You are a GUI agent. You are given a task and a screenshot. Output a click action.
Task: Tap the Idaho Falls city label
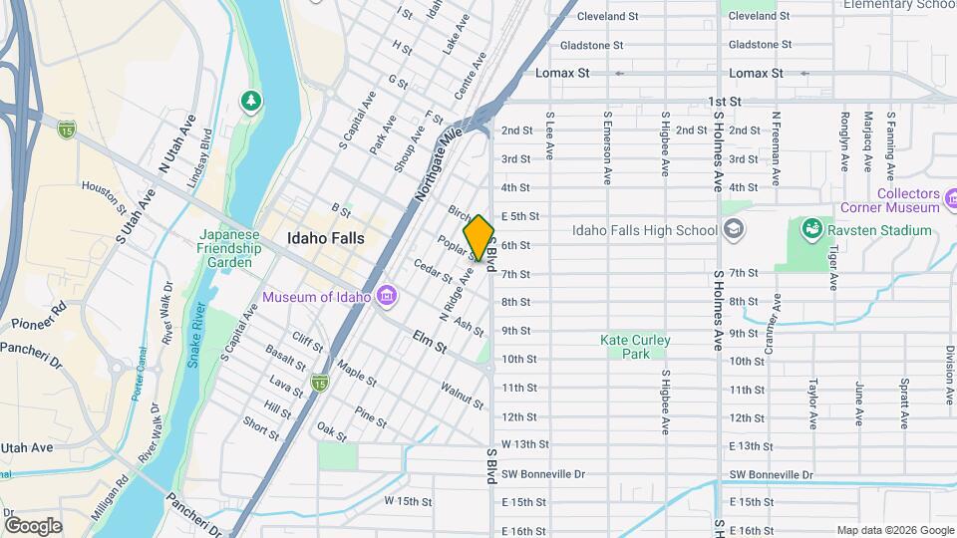click(x=325, y=239)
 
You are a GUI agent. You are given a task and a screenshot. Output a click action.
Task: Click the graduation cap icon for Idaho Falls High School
click(x=734, y=231)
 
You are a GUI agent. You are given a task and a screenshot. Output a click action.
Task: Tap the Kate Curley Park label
click(x=635, y=347)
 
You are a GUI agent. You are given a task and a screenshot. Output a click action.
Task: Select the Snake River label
click(x=194, y=336)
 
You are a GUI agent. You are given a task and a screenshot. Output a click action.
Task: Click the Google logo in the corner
click(x=33, y=526)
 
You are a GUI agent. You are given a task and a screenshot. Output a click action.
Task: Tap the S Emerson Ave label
click(x=607, y=147)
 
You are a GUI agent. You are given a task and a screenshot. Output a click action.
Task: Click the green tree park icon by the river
click(x=252, y=101)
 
